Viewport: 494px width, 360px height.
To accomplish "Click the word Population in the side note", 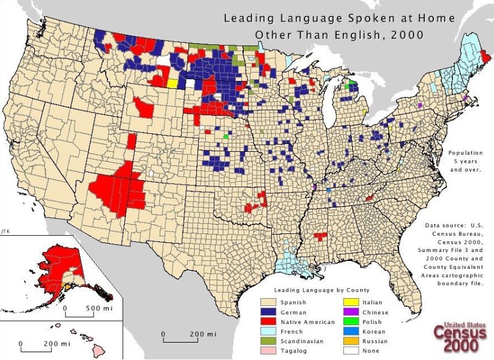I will [466, 152].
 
